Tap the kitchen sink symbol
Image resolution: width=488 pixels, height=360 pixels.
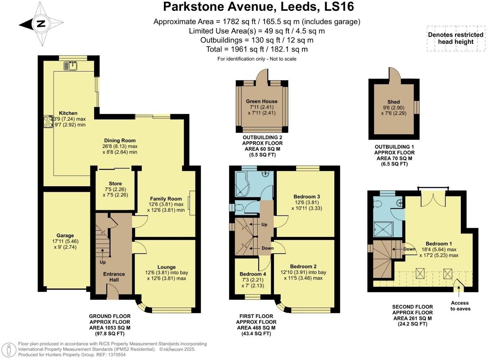tap(71, 65)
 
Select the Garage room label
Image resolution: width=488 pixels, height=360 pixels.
tap(65, 235)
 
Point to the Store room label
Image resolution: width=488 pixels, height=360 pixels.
tap(115, 183)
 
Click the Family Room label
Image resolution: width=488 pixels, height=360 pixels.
tap(166, 198)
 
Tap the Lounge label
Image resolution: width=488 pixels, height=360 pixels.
tap(166, 267)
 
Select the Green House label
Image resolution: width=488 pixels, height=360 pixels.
tap(262, 101)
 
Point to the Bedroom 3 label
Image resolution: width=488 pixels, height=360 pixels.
tap(306, 196)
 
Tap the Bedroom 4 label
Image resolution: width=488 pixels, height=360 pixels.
tap(253, 274)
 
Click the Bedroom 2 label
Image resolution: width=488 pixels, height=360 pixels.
tap(303, 266)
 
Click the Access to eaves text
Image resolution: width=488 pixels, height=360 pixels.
tap(460, 306)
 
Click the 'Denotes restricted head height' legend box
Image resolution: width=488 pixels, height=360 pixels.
tap(456, 38)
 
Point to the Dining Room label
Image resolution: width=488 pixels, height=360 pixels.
tap(120, 140)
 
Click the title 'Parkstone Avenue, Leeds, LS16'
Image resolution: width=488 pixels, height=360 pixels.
tap(258, 7)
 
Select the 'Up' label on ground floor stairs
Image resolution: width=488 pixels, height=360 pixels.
tap(103, 262)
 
